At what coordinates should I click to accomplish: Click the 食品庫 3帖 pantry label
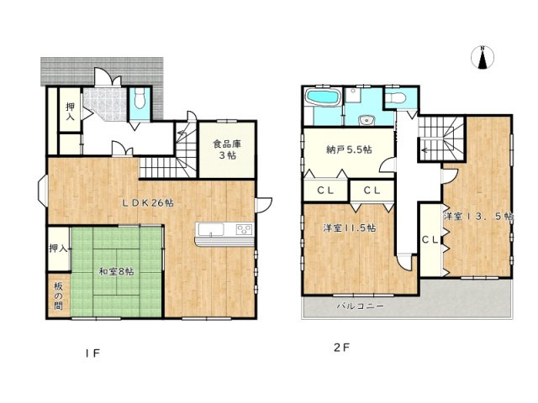(225, 149)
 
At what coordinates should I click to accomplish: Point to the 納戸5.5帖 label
(348, 149)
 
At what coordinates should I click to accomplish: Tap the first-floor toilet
(140, 102)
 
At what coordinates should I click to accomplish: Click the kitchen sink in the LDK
(210, 229)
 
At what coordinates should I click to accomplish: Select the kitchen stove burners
(244, 229)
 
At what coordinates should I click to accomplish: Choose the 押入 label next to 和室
(57, 249)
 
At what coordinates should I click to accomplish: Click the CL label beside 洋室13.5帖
(429, 240)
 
